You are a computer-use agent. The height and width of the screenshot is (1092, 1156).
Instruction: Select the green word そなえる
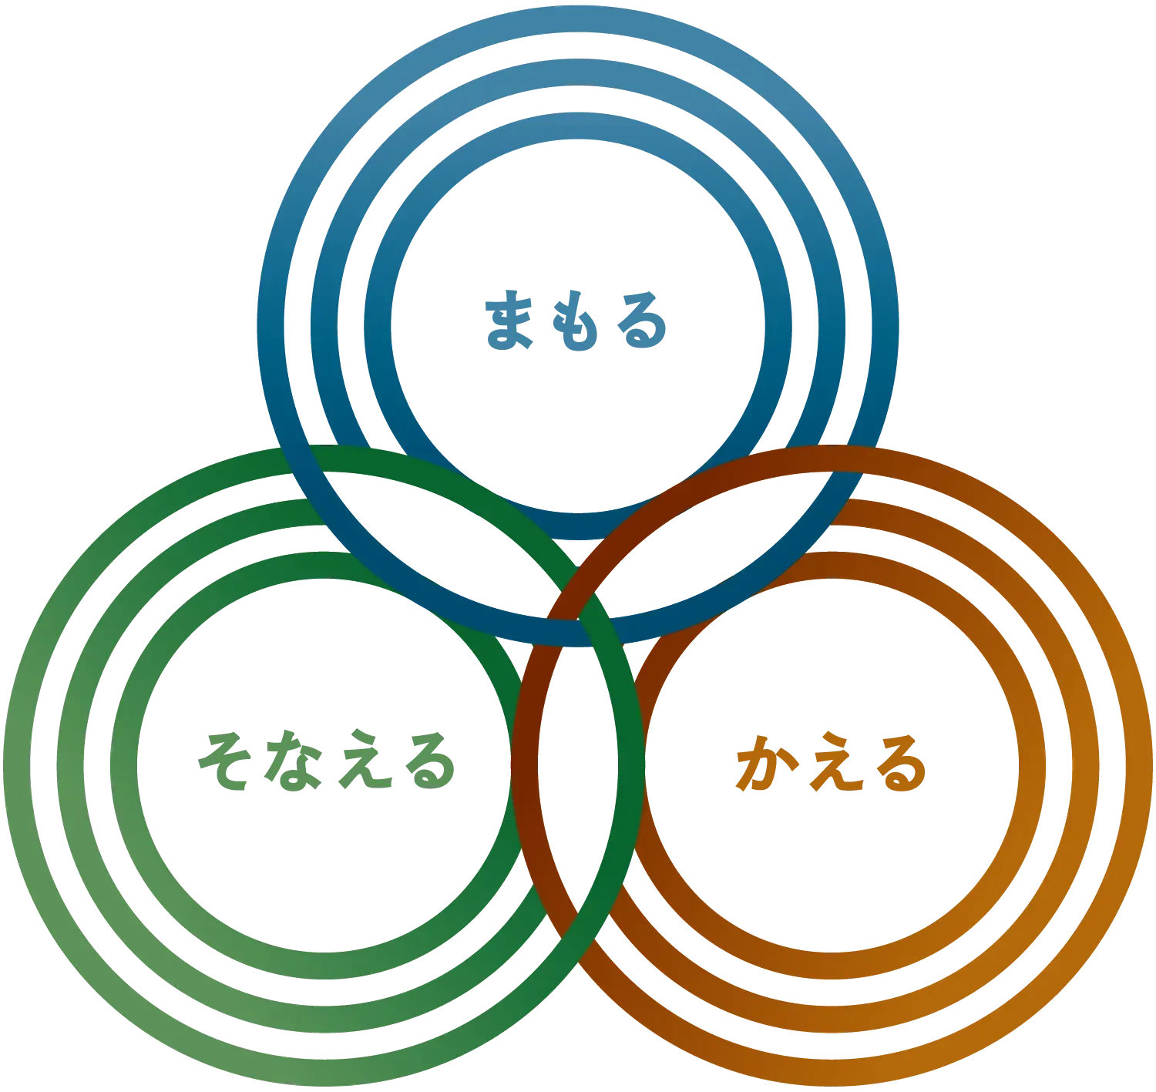[x=326, y=760]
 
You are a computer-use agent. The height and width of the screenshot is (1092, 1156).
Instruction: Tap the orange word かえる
[x=831, y=762]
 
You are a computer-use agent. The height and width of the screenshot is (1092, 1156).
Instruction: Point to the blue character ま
[x=509, y=320]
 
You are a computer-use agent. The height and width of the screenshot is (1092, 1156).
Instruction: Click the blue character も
[x=575, y=321]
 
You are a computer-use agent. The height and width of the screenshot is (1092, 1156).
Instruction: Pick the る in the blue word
[x=642, y=320]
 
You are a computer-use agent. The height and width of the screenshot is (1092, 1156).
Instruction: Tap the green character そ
[x=225, y=760]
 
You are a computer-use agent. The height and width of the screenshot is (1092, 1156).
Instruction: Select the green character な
[x=294, y=760]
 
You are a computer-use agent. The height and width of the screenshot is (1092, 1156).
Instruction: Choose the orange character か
[x=765, y=762]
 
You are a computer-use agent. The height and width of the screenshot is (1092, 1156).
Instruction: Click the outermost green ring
[x=16, y=766]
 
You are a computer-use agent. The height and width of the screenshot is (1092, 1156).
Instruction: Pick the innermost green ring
[x=123, y=766]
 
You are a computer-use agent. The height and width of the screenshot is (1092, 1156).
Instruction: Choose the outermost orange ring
[x=1140, y=766]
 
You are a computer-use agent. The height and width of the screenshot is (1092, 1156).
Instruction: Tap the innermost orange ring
[x=1033, y=766]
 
